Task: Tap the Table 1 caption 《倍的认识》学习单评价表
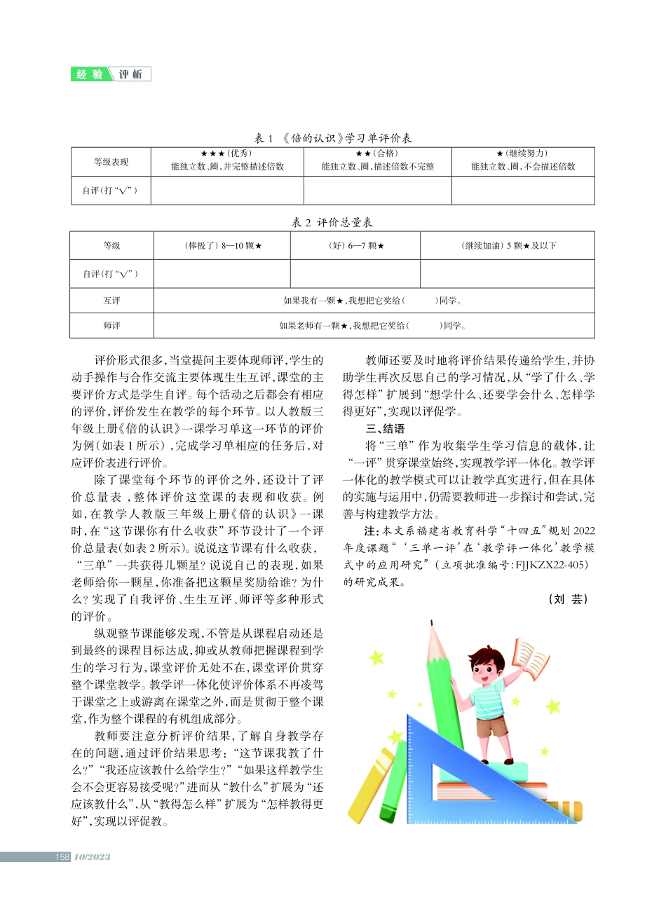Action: pos(332,138)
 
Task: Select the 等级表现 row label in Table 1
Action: pos(111,162)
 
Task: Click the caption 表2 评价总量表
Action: pos(332,222)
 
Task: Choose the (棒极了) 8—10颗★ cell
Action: pos(222,246)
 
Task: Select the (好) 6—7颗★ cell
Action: pos(355,246)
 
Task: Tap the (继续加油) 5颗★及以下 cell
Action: pos(508,246)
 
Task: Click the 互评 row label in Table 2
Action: pos(111,301)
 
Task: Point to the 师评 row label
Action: pos(111,325)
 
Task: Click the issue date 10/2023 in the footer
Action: pos(92,856)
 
